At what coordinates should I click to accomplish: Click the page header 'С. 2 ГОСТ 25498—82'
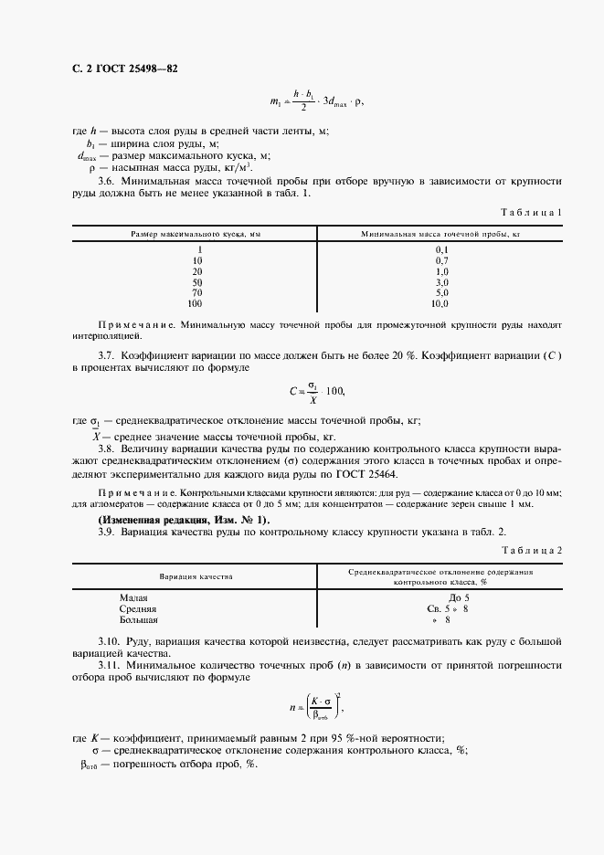click(118, 69)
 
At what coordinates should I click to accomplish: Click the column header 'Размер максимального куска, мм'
click(195, 235)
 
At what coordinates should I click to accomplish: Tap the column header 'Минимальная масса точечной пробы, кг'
click(440, 235)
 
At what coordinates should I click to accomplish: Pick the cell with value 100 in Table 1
click(195, 303)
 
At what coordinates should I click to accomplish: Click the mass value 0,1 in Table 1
click(441, 249)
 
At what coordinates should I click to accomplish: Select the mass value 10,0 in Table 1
click(440, 303)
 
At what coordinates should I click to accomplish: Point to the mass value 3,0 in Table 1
click(441, 282)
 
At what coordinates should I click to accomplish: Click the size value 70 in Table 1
click(196, 293)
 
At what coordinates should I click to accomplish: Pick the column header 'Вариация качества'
click(196, 576)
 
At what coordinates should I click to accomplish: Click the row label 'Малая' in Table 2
click(133, 596)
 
